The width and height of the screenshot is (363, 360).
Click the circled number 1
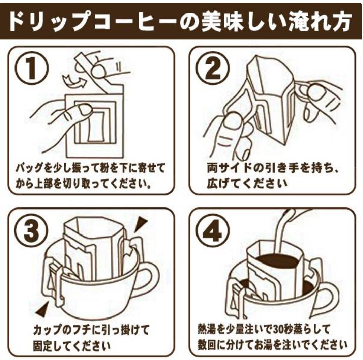coord(32,67)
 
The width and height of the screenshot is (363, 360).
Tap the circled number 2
coord(213,67)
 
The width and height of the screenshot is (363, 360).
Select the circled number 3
coord(31,230)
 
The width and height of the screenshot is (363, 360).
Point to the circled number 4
coord(213,230)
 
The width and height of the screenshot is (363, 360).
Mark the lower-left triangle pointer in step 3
coord(42,309)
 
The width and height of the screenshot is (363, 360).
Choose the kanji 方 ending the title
coord(342,21)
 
